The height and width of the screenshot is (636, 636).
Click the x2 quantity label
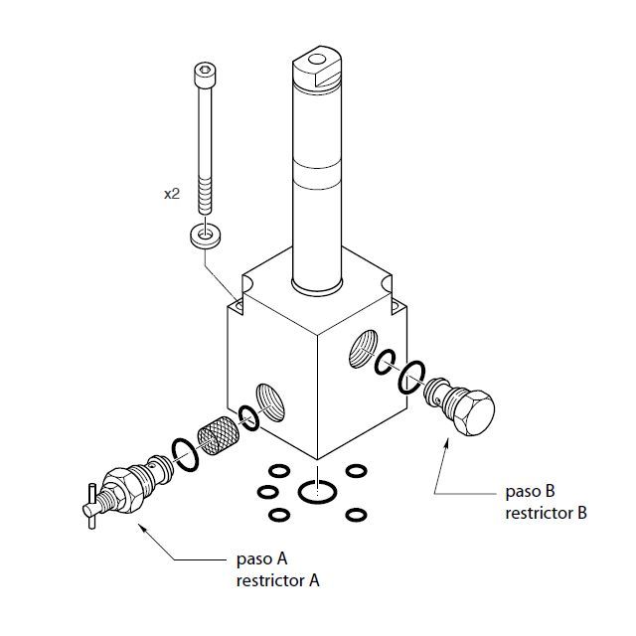172,195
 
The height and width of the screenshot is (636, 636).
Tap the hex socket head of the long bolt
202,74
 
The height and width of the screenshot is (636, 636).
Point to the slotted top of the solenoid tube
318,65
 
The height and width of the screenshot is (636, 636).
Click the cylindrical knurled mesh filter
218,437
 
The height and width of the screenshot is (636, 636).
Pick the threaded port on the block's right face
362,348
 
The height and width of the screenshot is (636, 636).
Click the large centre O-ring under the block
316,492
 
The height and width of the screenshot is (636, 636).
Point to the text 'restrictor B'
546,514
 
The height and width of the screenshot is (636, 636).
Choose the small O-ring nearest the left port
248,418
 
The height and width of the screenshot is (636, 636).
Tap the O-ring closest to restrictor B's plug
410,378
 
